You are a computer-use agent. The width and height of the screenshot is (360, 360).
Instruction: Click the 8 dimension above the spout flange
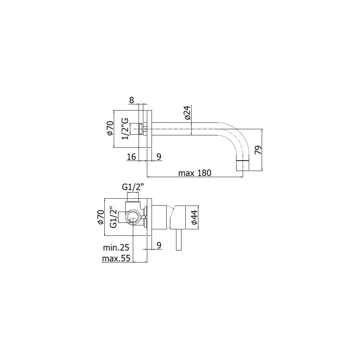click(x=132, y=100)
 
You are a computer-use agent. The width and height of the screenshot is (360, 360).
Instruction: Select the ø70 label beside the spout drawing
click(x=110, y=129)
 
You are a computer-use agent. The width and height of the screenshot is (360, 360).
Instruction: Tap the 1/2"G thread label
click(x=125, y=129)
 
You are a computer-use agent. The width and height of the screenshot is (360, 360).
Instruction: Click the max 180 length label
click(x=195, y=173)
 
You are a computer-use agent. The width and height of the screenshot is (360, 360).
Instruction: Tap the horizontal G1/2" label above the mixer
click(x=132, y=187)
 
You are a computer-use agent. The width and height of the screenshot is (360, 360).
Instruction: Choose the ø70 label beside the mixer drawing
click(x=100, y=217)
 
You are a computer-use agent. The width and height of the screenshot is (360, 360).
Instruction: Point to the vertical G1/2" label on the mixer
click(x=113, y=217)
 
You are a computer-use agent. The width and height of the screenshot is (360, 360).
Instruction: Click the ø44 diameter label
click(x=194, y=217)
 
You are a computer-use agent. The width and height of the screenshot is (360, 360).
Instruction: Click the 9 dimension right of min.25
click(x=159, y=245)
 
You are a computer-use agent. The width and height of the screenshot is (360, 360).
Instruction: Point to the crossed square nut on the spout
click(x=145, y=129)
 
